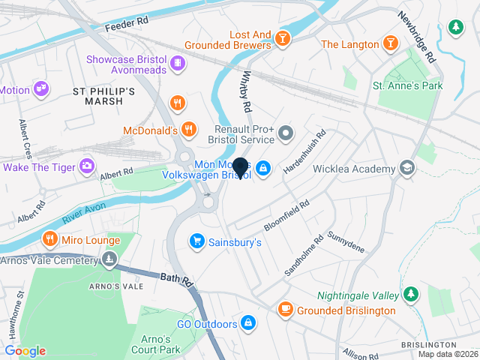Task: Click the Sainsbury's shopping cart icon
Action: click(x=196, y=241)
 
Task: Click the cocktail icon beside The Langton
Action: click(x=390, y=43)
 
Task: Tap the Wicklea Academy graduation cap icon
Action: click(x=407, y=167)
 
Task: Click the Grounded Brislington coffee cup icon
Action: click(x=286, y=308)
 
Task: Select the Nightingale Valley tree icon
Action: click(x=410, y=293)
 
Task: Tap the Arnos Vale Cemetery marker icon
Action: click(x=110, y=260)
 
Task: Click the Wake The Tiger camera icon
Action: click(x=88, y=165)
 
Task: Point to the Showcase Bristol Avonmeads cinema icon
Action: click(x=178, y=61)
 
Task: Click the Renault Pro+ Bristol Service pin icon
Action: click(x=286, y=135)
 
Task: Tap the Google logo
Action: click(x=25, y=350)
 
